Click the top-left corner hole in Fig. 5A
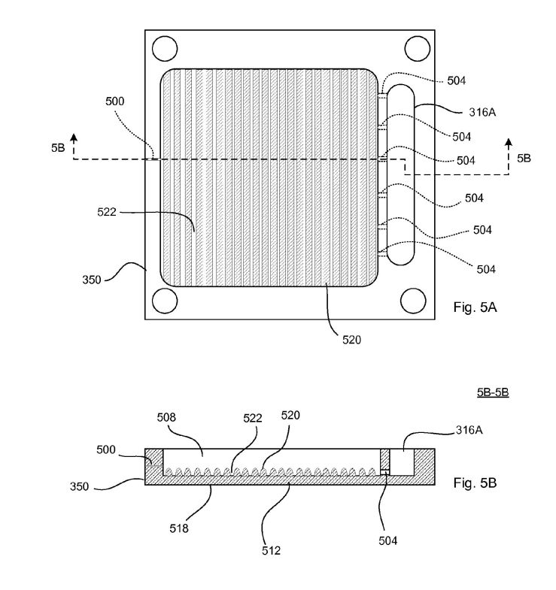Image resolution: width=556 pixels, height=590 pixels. (165, 49)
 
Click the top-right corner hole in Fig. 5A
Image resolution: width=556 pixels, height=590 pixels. (418, 49)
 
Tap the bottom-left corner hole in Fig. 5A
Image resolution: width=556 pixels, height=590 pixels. (165, 301)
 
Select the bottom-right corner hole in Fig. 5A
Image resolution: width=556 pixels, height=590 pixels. (413, 301)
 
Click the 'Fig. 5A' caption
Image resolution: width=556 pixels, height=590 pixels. (475, 307)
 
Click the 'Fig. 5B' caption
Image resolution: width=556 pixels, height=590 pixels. (475, 483)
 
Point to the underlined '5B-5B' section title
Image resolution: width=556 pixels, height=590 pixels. (493, 392)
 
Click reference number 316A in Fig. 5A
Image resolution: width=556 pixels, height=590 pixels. (482, 112)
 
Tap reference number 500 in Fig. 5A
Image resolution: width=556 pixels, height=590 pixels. (115, 101)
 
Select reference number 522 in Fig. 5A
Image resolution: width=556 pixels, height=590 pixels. (107, 212)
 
